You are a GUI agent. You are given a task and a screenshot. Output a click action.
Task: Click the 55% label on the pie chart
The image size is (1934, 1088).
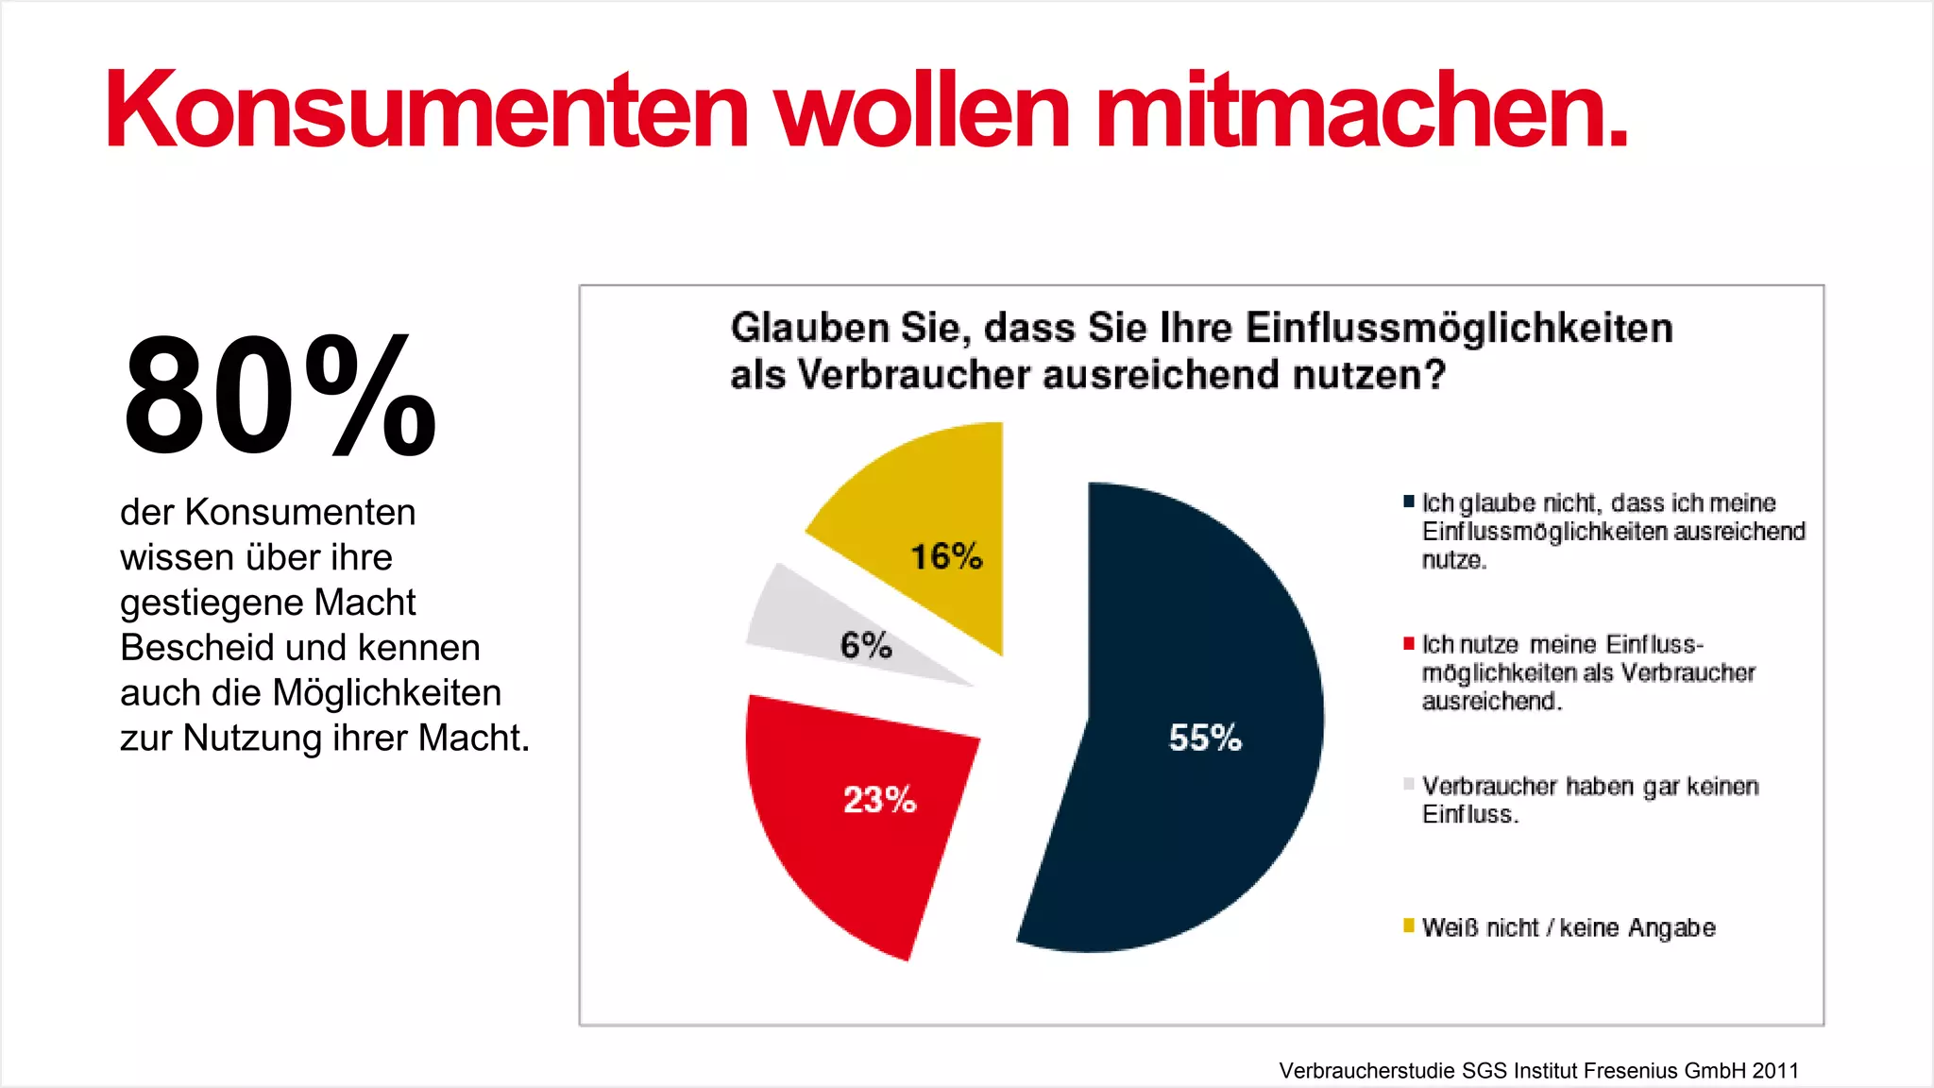[1205, 738]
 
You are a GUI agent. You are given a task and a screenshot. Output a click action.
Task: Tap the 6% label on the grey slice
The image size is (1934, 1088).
[865, 645]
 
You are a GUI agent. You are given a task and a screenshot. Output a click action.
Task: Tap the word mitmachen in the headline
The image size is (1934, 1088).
[1360, 110]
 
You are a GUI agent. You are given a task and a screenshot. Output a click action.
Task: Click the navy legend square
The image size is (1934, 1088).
[1409, 501]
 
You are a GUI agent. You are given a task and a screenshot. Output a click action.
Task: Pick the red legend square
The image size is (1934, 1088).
[1409, 643]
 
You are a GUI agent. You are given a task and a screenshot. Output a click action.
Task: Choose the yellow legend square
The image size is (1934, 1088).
[1409, 926]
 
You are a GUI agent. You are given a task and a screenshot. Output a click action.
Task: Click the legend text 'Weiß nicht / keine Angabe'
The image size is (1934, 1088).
[1568, 927]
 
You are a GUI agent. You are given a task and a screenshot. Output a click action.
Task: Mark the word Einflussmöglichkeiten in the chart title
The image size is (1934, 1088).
[1459, 328]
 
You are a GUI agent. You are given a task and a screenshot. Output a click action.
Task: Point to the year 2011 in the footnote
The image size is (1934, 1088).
[1775, 1070]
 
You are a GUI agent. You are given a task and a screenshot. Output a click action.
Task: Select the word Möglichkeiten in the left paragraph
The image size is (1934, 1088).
[386, 693]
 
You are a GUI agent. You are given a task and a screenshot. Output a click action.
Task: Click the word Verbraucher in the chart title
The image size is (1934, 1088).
[913, 375]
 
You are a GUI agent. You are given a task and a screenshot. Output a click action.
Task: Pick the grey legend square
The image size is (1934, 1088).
[1409, 784]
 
